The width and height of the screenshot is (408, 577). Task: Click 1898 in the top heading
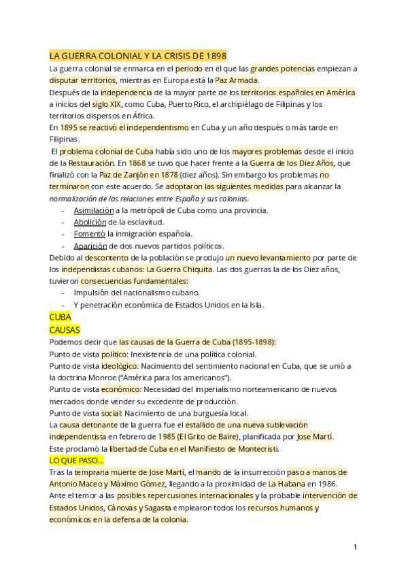pyautogui.click(x=215, y=56)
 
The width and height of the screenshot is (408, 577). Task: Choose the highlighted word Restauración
pyautogui.click(x=90, y=163)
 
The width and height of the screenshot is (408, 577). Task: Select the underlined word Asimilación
pyautogui.click(x=95, y=210)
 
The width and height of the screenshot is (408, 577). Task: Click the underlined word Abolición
pyautogui.click(x=90, y=222)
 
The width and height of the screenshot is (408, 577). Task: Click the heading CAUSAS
pyautogui.click(x=65, y=329)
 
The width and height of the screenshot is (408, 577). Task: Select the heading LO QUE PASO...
pyautogui.click(x=75, y=460)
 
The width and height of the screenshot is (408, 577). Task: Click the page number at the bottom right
pyautogui.click(x=355, y=546)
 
